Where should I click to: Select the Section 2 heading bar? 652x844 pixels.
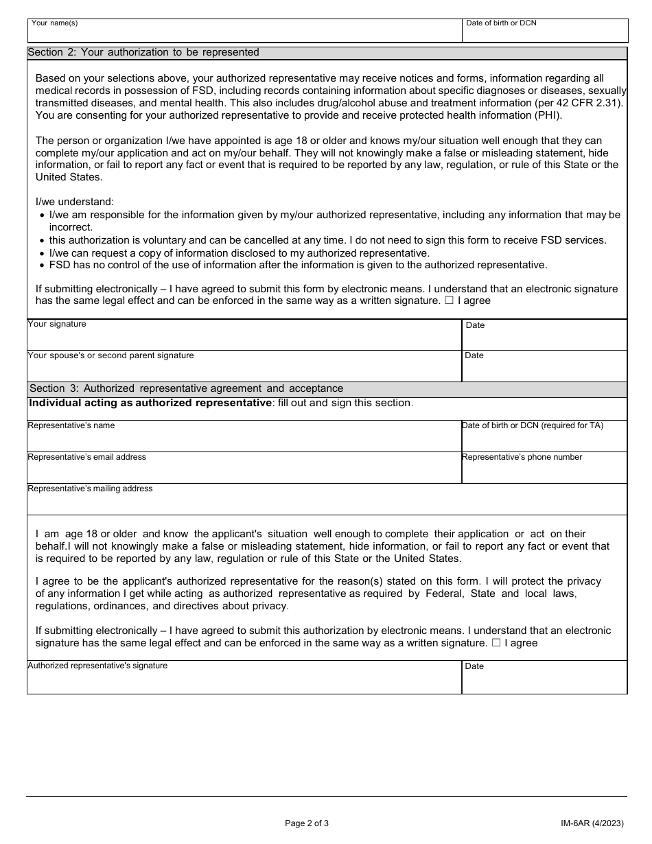click(327, 52)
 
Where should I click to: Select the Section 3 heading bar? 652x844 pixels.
click(327, 389)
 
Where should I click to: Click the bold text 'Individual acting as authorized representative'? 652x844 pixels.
click(150, 403)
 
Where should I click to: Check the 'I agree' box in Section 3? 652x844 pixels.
click(496, 644)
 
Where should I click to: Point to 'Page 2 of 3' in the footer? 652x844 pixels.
click(307, 823)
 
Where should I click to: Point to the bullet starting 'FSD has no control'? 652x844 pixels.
click(298, 265)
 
